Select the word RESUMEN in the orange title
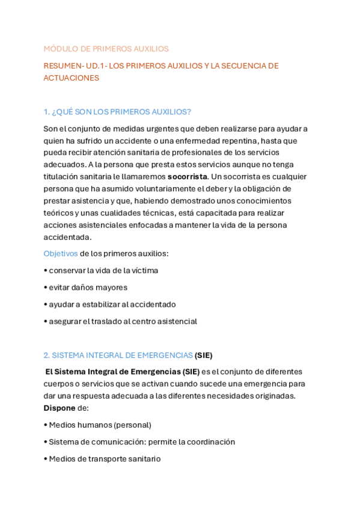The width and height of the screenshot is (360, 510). point(63,66)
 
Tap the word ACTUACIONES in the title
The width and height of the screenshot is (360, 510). point(71,78)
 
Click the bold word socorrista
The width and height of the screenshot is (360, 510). point(188,177)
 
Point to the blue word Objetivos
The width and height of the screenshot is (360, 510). point(60,253)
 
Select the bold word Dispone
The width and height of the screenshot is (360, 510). point(59,408)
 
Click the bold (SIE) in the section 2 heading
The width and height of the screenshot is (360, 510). point(203,355)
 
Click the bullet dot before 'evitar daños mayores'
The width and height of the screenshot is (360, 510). point(45,287)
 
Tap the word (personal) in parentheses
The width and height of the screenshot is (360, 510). point(132,425)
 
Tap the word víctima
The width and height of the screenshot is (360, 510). point(144,271)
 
